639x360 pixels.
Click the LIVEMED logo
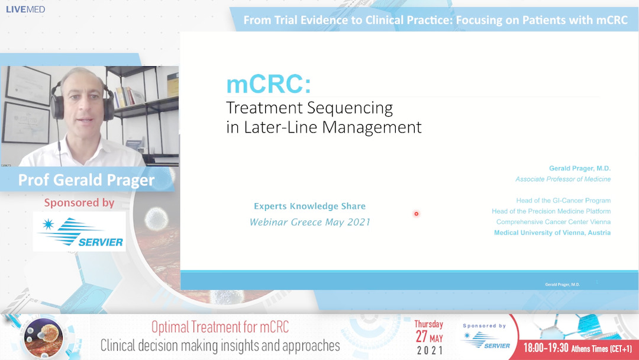[25, 9]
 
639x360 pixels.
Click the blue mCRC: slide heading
[268, 84]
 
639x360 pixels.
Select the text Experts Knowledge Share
[309, 206]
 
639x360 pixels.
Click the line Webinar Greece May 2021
[309, 222]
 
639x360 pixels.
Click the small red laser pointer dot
[416, 214]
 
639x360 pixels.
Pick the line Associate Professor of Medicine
[563, 179]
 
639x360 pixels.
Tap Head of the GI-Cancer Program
[563, 201]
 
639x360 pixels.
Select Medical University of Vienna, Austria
[552, 233]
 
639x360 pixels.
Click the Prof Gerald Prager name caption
[87, 179]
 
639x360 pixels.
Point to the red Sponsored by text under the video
[79, 202]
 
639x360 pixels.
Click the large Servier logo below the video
[80, 232]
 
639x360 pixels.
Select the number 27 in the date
[422, 336]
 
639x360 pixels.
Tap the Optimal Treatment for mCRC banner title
[220, 326]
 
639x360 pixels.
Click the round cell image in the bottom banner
[43, 338]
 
